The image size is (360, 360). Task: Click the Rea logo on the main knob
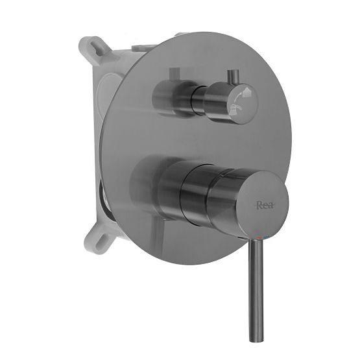[x=264, y=206]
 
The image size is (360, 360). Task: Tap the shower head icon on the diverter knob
[x=241, y=95]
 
